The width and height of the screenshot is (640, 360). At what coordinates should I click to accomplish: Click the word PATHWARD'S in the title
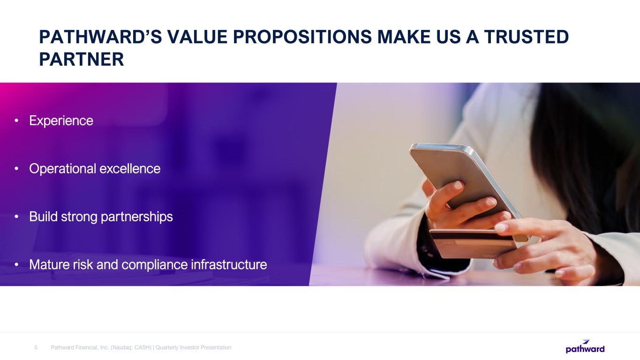click(100, 37)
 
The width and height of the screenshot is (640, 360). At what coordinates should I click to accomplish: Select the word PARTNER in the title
click(82, 60)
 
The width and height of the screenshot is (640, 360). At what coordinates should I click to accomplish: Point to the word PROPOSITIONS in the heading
click(302, 37)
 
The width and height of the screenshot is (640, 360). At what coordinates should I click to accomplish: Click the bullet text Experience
click(61, 120)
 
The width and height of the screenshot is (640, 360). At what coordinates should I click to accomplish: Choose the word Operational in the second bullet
click(62, 169)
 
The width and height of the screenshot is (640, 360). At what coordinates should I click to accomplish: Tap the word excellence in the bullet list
click(130, 169)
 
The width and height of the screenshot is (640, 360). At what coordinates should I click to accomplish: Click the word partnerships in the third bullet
click(137, 217)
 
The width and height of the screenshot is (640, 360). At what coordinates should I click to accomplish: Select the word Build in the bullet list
click(44, 217)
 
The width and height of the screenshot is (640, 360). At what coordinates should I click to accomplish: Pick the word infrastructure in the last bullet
click(229, 264)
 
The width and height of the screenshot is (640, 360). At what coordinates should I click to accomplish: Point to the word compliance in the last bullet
click(155, 265)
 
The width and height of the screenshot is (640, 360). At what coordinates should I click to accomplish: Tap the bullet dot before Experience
click(16, 121)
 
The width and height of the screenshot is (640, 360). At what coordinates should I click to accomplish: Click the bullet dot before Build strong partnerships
click(16, 217)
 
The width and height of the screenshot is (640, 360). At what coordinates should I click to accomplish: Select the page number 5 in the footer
click(36, 347)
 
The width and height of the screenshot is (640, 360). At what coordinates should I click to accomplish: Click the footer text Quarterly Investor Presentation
click(194, 347)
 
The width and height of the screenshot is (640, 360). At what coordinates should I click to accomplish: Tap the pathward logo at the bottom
click(585, 346)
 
